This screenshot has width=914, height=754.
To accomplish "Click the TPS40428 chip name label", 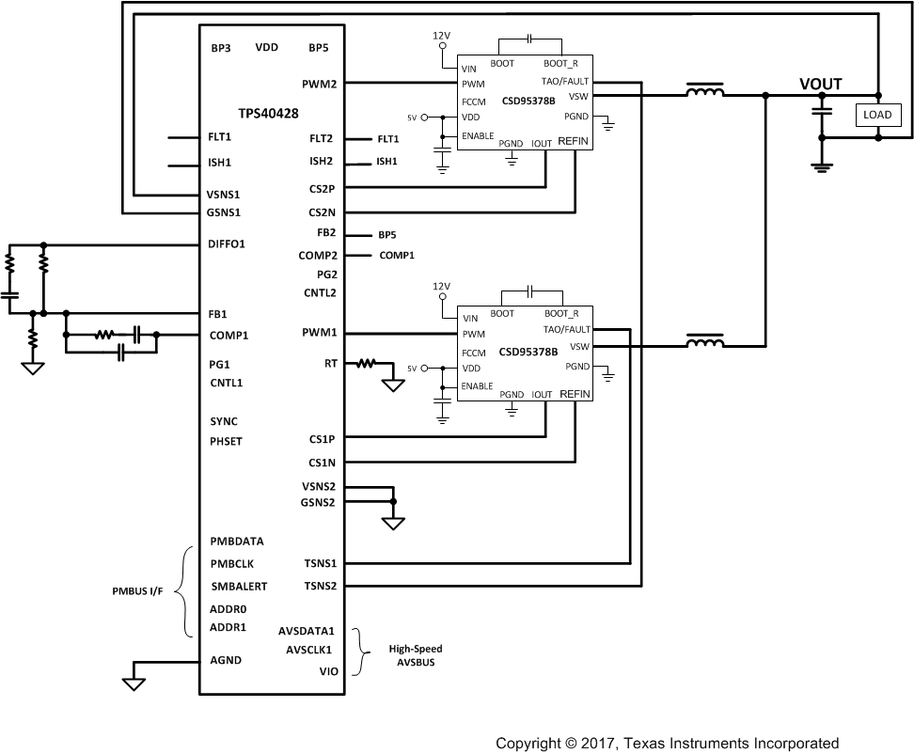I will coord(269,111).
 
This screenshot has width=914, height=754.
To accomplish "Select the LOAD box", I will coord(876,115).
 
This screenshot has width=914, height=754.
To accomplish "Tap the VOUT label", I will coord(820,85).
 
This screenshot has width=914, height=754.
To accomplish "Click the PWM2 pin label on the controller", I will coord(320,83).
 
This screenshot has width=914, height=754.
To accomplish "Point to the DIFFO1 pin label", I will coord(227,244).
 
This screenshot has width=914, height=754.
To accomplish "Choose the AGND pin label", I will coord(226,660).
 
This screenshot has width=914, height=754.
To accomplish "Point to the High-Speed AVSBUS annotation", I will coord(415,655).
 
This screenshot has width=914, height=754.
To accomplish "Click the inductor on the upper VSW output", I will coord(704,93).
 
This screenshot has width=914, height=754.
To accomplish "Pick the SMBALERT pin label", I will coord(239,587).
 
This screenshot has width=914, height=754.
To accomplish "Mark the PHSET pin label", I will coord(227,441).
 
